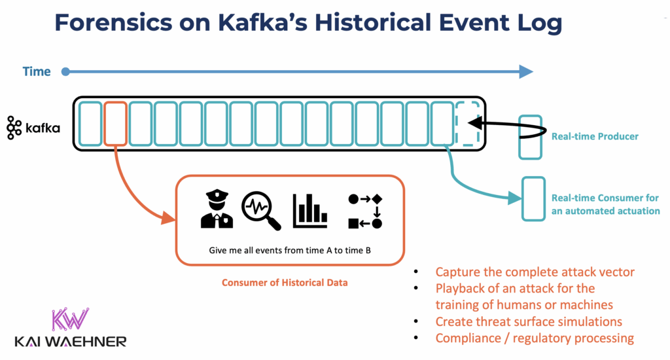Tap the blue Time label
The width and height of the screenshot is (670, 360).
pyautogui.click(x=37, y=72)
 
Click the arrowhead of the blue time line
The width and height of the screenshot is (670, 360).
pyautogui.click(x=525, y=72)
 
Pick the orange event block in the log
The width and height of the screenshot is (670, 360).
pyautogui.click(x=115, y=123)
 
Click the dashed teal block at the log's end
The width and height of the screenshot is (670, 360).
pyautogui.click(x=467, y=123)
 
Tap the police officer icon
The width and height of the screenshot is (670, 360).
pyautogui.click(x=217, y=209)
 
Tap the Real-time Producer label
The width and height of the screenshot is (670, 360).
pyautogui.click(x=595, y=136)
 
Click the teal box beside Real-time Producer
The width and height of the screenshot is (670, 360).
pyautogui.click(x=530, y=137)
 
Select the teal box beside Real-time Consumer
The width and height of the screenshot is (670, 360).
pyautogui.click(x=532, y=198)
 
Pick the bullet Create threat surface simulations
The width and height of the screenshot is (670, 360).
pyautogui.click(x=528, y=321)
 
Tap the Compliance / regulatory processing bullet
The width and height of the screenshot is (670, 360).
pyautogui.click(x=534, y=338)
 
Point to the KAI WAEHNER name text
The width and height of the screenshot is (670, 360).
pyautogui.click(x=70, y=341)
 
